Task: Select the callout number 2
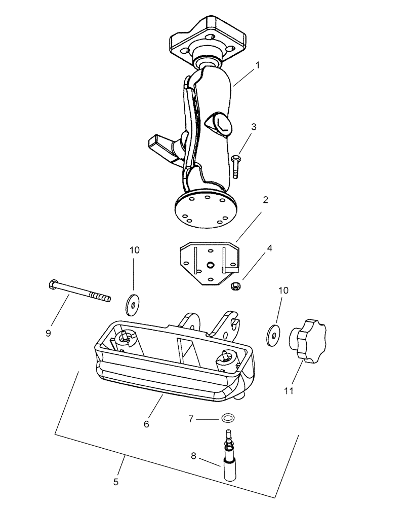click(265, 200)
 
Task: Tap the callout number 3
click(254, 127)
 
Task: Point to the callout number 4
click(270, 248)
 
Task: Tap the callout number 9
click(49, 333)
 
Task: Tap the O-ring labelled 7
click(228, 418)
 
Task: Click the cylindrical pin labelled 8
click(230, 459)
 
